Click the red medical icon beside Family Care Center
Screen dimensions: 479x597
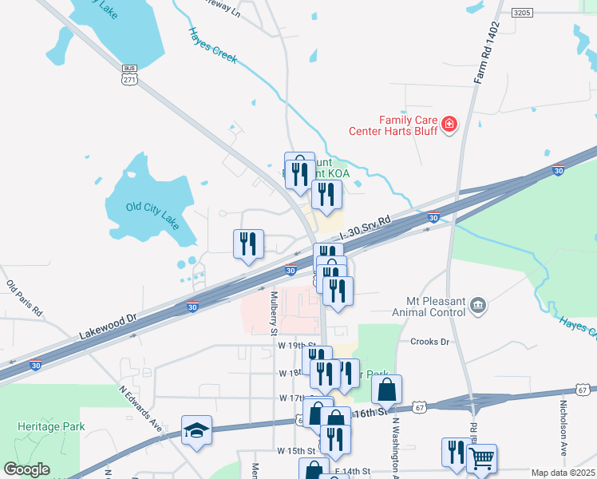[x=449, y=124]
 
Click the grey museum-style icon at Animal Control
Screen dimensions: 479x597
[x=477, y=303]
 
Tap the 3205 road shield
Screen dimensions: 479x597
[x=523, y=13]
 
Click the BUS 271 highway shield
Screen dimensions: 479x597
[x=130, y=74]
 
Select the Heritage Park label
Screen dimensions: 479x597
[x=53, y=426]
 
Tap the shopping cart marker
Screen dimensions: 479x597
[x=481, y=458]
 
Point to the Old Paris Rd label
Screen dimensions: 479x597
[x=24, y=299]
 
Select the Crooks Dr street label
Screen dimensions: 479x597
[x=430, y=342]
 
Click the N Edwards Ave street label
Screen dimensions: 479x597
[x=140, y=410]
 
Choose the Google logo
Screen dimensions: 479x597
[x=26, y=469]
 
